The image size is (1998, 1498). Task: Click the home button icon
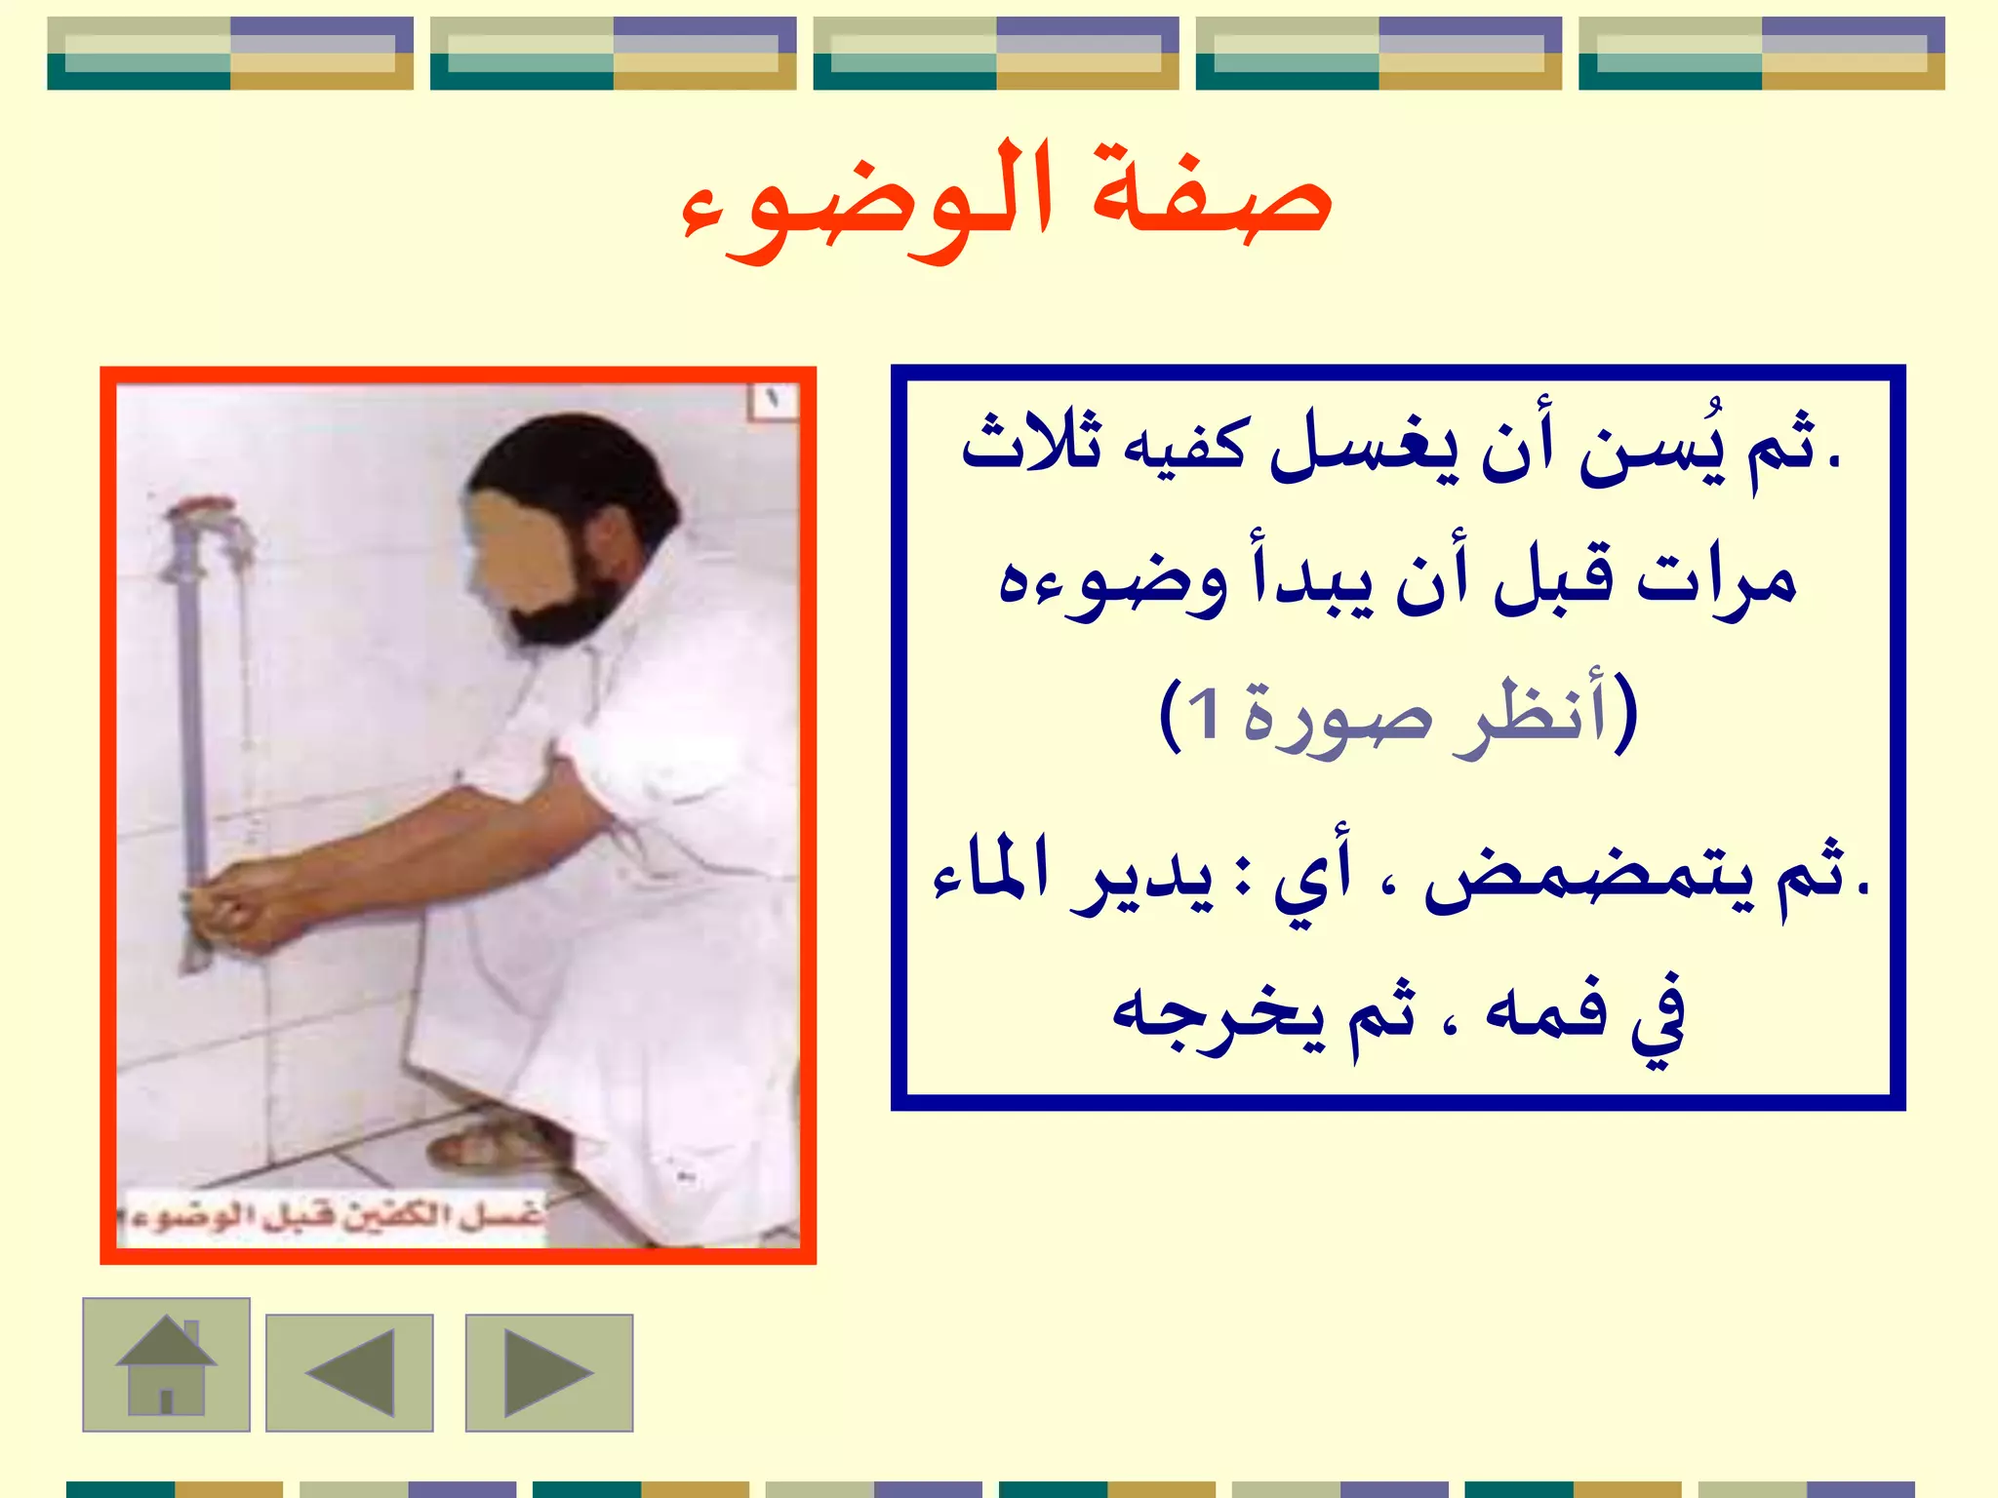pos(166,1364)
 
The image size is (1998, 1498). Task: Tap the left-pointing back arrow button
pos(349,1372)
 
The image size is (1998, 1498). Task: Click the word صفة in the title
pos(1211,195)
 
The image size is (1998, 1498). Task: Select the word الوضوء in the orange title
pos(868,205)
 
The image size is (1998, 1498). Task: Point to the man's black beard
pos(566,605)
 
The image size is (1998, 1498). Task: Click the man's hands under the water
pos(234,902)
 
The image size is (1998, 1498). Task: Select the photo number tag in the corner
pos(774,400)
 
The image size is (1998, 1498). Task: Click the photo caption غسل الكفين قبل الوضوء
pos(332,1215)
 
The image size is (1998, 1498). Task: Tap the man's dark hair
pos(576,468)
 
